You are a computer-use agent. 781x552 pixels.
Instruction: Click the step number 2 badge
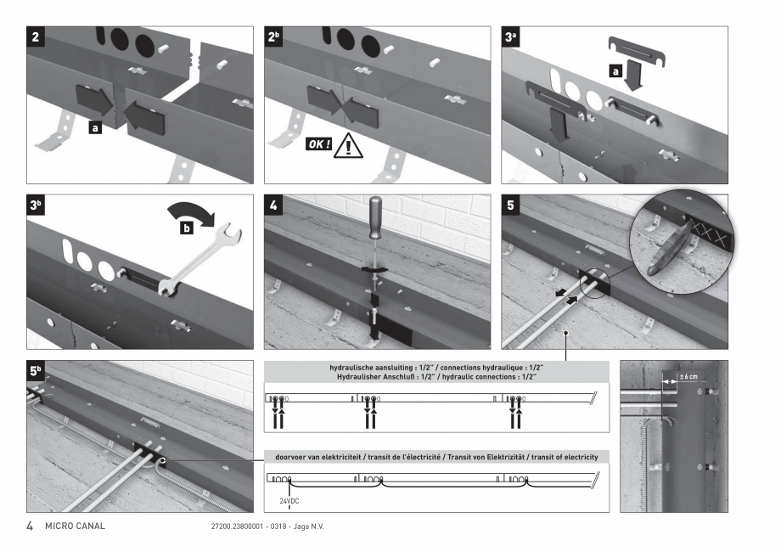pos(35,38)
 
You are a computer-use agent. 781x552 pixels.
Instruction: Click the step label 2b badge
pos(273,38)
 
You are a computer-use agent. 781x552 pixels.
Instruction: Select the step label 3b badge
pos(36,206)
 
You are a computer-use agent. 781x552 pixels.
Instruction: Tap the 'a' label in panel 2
pos(94,127)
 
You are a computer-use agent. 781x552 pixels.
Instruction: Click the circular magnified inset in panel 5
pos(679,243)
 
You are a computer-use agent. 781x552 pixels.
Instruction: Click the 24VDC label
pos(290,500)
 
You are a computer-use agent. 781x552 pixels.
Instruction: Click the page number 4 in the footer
pos(30,527)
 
